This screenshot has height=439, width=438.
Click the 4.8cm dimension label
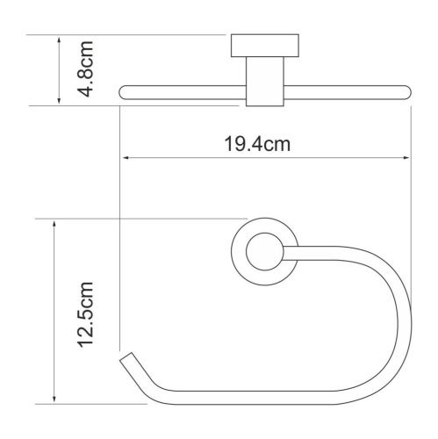(x=85, y=69)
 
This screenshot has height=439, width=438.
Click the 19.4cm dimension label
(x=257, y=144)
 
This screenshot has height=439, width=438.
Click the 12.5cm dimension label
(x=85, y=315)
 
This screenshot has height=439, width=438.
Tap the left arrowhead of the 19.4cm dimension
(x=126, y=158)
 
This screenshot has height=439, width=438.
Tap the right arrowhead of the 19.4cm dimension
(x=406, y=158)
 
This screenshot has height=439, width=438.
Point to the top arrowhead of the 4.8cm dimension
(x=59, y=40)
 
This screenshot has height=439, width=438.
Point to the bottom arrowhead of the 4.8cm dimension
(x=59, y=100)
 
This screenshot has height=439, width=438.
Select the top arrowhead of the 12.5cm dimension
(x=54, y=225)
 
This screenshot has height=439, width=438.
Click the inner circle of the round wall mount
(x=265, y=234)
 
